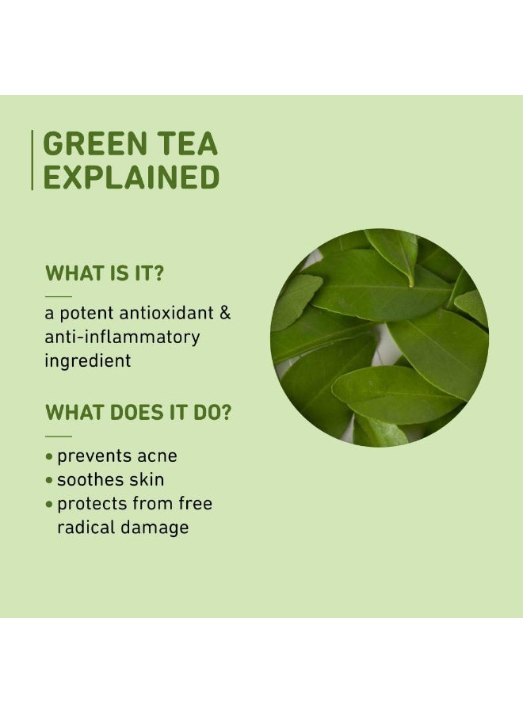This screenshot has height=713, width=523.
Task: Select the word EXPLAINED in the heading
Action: [131, 177]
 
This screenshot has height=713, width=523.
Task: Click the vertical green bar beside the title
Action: [32, 160]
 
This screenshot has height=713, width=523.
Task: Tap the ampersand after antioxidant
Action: [225, 312]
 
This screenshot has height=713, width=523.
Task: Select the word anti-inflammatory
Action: [122, 337]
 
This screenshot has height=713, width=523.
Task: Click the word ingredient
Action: [87, 360]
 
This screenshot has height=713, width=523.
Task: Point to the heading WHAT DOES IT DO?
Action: [138, 413]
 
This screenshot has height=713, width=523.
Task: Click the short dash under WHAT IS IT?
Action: [58, 295]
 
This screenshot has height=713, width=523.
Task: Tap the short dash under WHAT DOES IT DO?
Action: [58, 435]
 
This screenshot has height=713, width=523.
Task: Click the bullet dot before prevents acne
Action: [50, 457]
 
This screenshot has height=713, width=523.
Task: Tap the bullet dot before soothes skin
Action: [50, 481]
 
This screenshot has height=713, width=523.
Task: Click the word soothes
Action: [89, 479]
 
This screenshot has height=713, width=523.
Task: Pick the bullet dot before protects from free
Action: [50, 505]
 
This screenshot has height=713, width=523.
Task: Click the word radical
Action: [87, 527]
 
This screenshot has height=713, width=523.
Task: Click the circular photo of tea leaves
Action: [380, 337]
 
